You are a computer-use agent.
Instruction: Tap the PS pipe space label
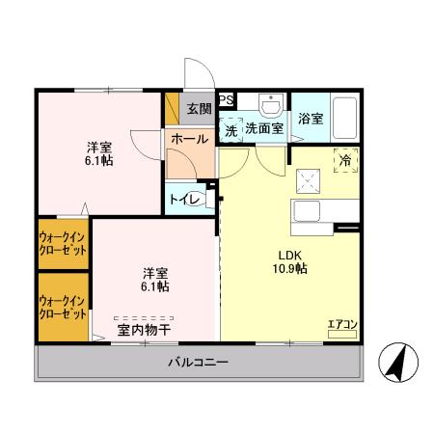point(226,99)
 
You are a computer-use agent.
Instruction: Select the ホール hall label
point(189,139)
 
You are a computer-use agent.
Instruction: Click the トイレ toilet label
point(184,200)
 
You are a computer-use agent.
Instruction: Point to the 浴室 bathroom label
point(310,119)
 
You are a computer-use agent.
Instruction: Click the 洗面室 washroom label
point(262,128)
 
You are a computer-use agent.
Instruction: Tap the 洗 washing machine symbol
point(231,128)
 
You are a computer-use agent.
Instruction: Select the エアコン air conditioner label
point(342,323)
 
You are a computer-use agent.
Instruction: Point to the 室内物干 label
point(145,330)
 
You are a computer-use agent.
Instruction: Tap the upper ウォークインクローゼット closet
point(63,242)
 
